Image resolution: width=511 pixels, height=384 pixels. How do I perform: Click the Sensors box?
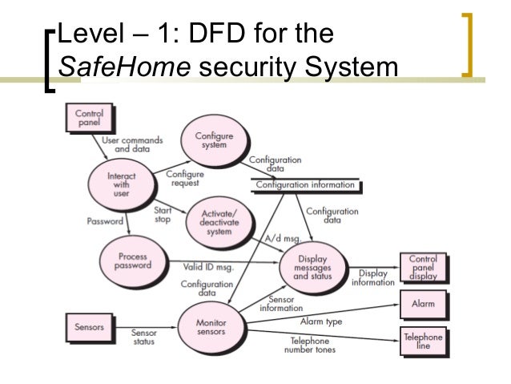tap(89, 327)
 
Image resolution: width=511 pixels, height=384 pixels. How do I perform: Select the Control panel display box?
tap(423, 268)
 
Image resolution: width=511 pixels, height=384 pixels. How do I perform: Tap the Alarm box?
tap(423, 305)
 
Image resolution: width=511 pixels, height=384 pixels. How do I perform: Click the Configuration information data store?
tap(304, 185)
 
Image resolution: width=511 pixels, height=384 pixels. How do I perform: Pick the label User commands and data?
tap(132, 144)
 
